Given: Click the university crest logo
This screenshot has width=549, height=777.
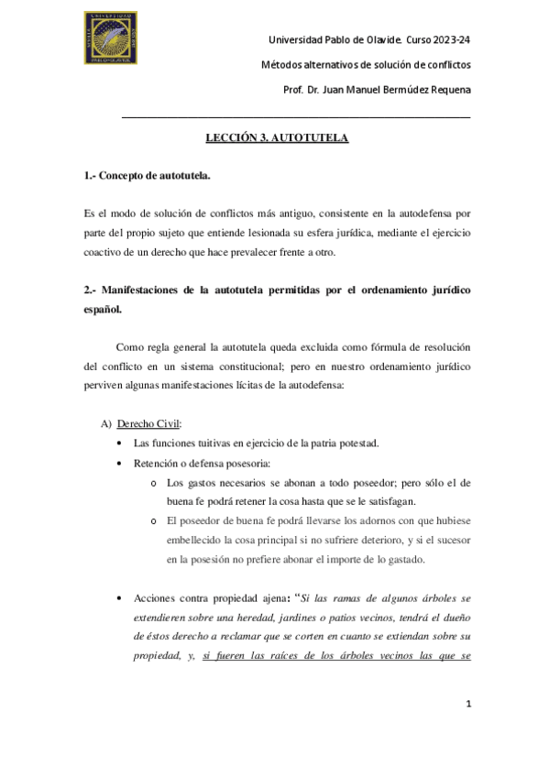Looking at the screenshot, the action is pos(113,39).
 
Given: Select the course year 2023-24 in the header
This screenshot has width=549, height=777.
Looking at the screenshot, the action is pos(450,40).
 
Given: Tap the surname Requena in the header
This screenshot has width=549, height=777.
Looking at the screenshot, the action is pos(448,90).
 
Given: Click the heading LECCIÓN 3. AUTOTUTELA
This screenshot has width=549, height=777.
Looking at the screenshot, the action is pos(276,138).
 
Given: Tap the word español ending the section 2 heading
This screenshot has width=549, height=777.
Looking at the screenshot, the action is pos(101,310).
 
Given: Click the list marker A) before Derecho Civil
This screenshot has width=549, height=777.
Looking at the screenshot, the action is pos(105,423).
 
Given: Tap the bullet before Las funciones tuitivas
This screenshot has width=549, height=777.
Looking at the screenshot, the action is pos(122,443).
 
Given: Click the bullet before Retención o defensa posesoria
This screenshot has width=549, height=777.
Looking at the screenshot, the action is pos(122,464).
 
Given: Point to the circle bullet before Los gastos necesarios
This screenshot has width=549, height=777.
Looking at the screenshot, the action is pos(154,482).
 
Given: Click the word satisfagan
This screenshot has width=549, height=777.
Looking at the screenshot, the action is pos(390,501).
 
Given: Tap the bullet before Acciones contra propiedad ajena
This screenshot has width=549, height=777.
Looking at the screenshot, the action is pos(122,598).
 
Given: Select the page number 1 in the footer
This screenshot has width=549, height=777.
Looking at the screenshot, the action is pos(467,704).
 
